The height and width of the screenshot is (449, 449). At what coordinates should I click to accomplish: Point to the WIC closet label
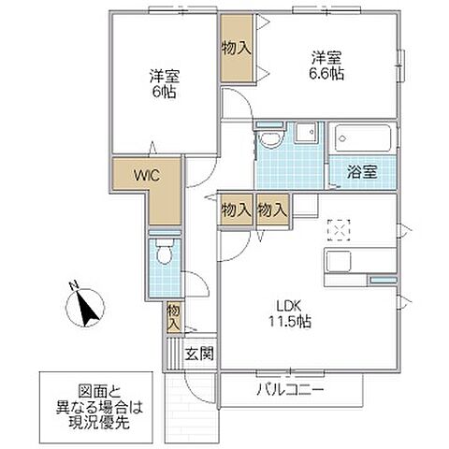tap(145, 173)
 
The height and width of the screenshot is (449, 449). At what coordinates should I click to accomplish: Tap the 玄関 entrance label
tap(199, 354)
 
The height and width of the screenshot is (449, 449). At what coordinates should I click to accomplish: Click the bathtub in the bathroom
tap(363, 138)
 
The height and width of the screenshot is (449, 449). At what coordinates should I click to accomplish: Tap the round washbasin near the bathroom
tap(269, 141)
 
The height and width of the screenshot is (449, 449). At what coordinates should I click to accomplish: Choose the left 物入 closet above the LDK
tap(236, 211)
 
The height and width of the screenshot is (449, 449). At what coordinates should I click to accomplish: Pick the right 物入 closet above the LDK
tap(272, 211)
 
